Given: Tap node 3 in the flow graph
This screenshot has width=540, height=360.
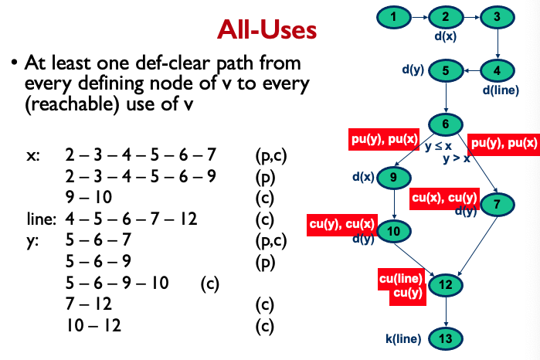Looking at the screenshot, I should point(496,16).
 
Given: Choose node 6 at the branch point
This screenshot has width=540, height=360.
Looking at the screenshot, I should point(445,124).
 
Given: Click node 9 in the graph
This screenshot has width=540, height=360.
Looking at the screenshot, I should point(393,178).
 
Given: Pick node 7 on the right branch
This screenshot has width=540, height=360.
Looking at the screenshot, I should point(496,204).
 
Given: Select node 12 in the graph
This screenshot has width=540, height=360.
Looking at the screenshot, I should point(445,284).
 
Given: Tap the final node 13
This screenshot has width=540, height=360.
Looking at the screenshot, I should point(445,338).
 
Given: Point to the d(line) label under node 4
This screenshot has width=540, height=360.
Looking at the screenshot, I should point(501,90).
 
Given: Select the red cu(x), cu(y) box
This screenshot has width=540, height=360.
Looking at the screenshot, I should point(444,197).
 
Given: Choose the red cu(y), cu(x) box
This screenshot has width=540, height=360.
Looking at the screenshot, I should point(341,224).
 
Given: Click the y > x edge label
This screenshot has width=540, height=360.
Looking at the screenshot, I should point(456,159).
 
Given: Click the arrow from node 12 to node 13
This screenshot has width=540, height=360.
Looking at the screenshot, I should point(445,311).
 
